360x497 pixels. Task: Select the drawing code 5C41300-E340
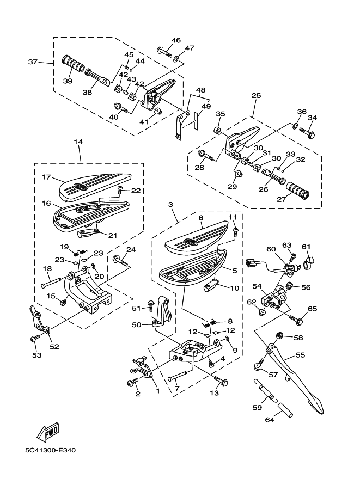pyautogui.click(x=51, y=450)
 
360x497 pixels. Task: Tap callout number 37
pyautogui.click(x=33, y=62)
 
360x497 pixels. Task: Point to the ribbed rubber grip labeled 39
pyautogui.click(x=74, y=64)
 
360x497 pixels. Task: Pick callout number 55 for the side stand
pyautogui.click(x=300, y=355)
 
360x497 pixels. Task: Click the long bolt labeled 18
pyautogui.click(x=51, y=281)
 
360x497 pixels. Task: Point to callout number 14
pyautogui.click(x=78, y=142)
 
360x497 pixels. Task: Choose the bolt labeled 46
pyautogui.click(x=164, y=53)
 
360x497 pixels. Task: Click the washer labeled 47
pyautogui.click(x=176, y=59)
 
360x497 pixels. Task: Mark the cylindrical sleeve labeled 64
pyautogui.click(x=286, y=410)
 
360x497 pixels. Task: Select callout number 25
pyautogui.click(x=256, y=95)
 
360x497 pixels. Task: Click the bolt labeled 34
pyautogui.click(x=307, y=132)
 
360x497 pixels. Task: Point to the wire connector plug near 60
pyautogui.click(x=252, y=262)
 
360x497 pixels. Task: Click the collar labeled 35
pyautogui.click(x=218, y=130)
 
